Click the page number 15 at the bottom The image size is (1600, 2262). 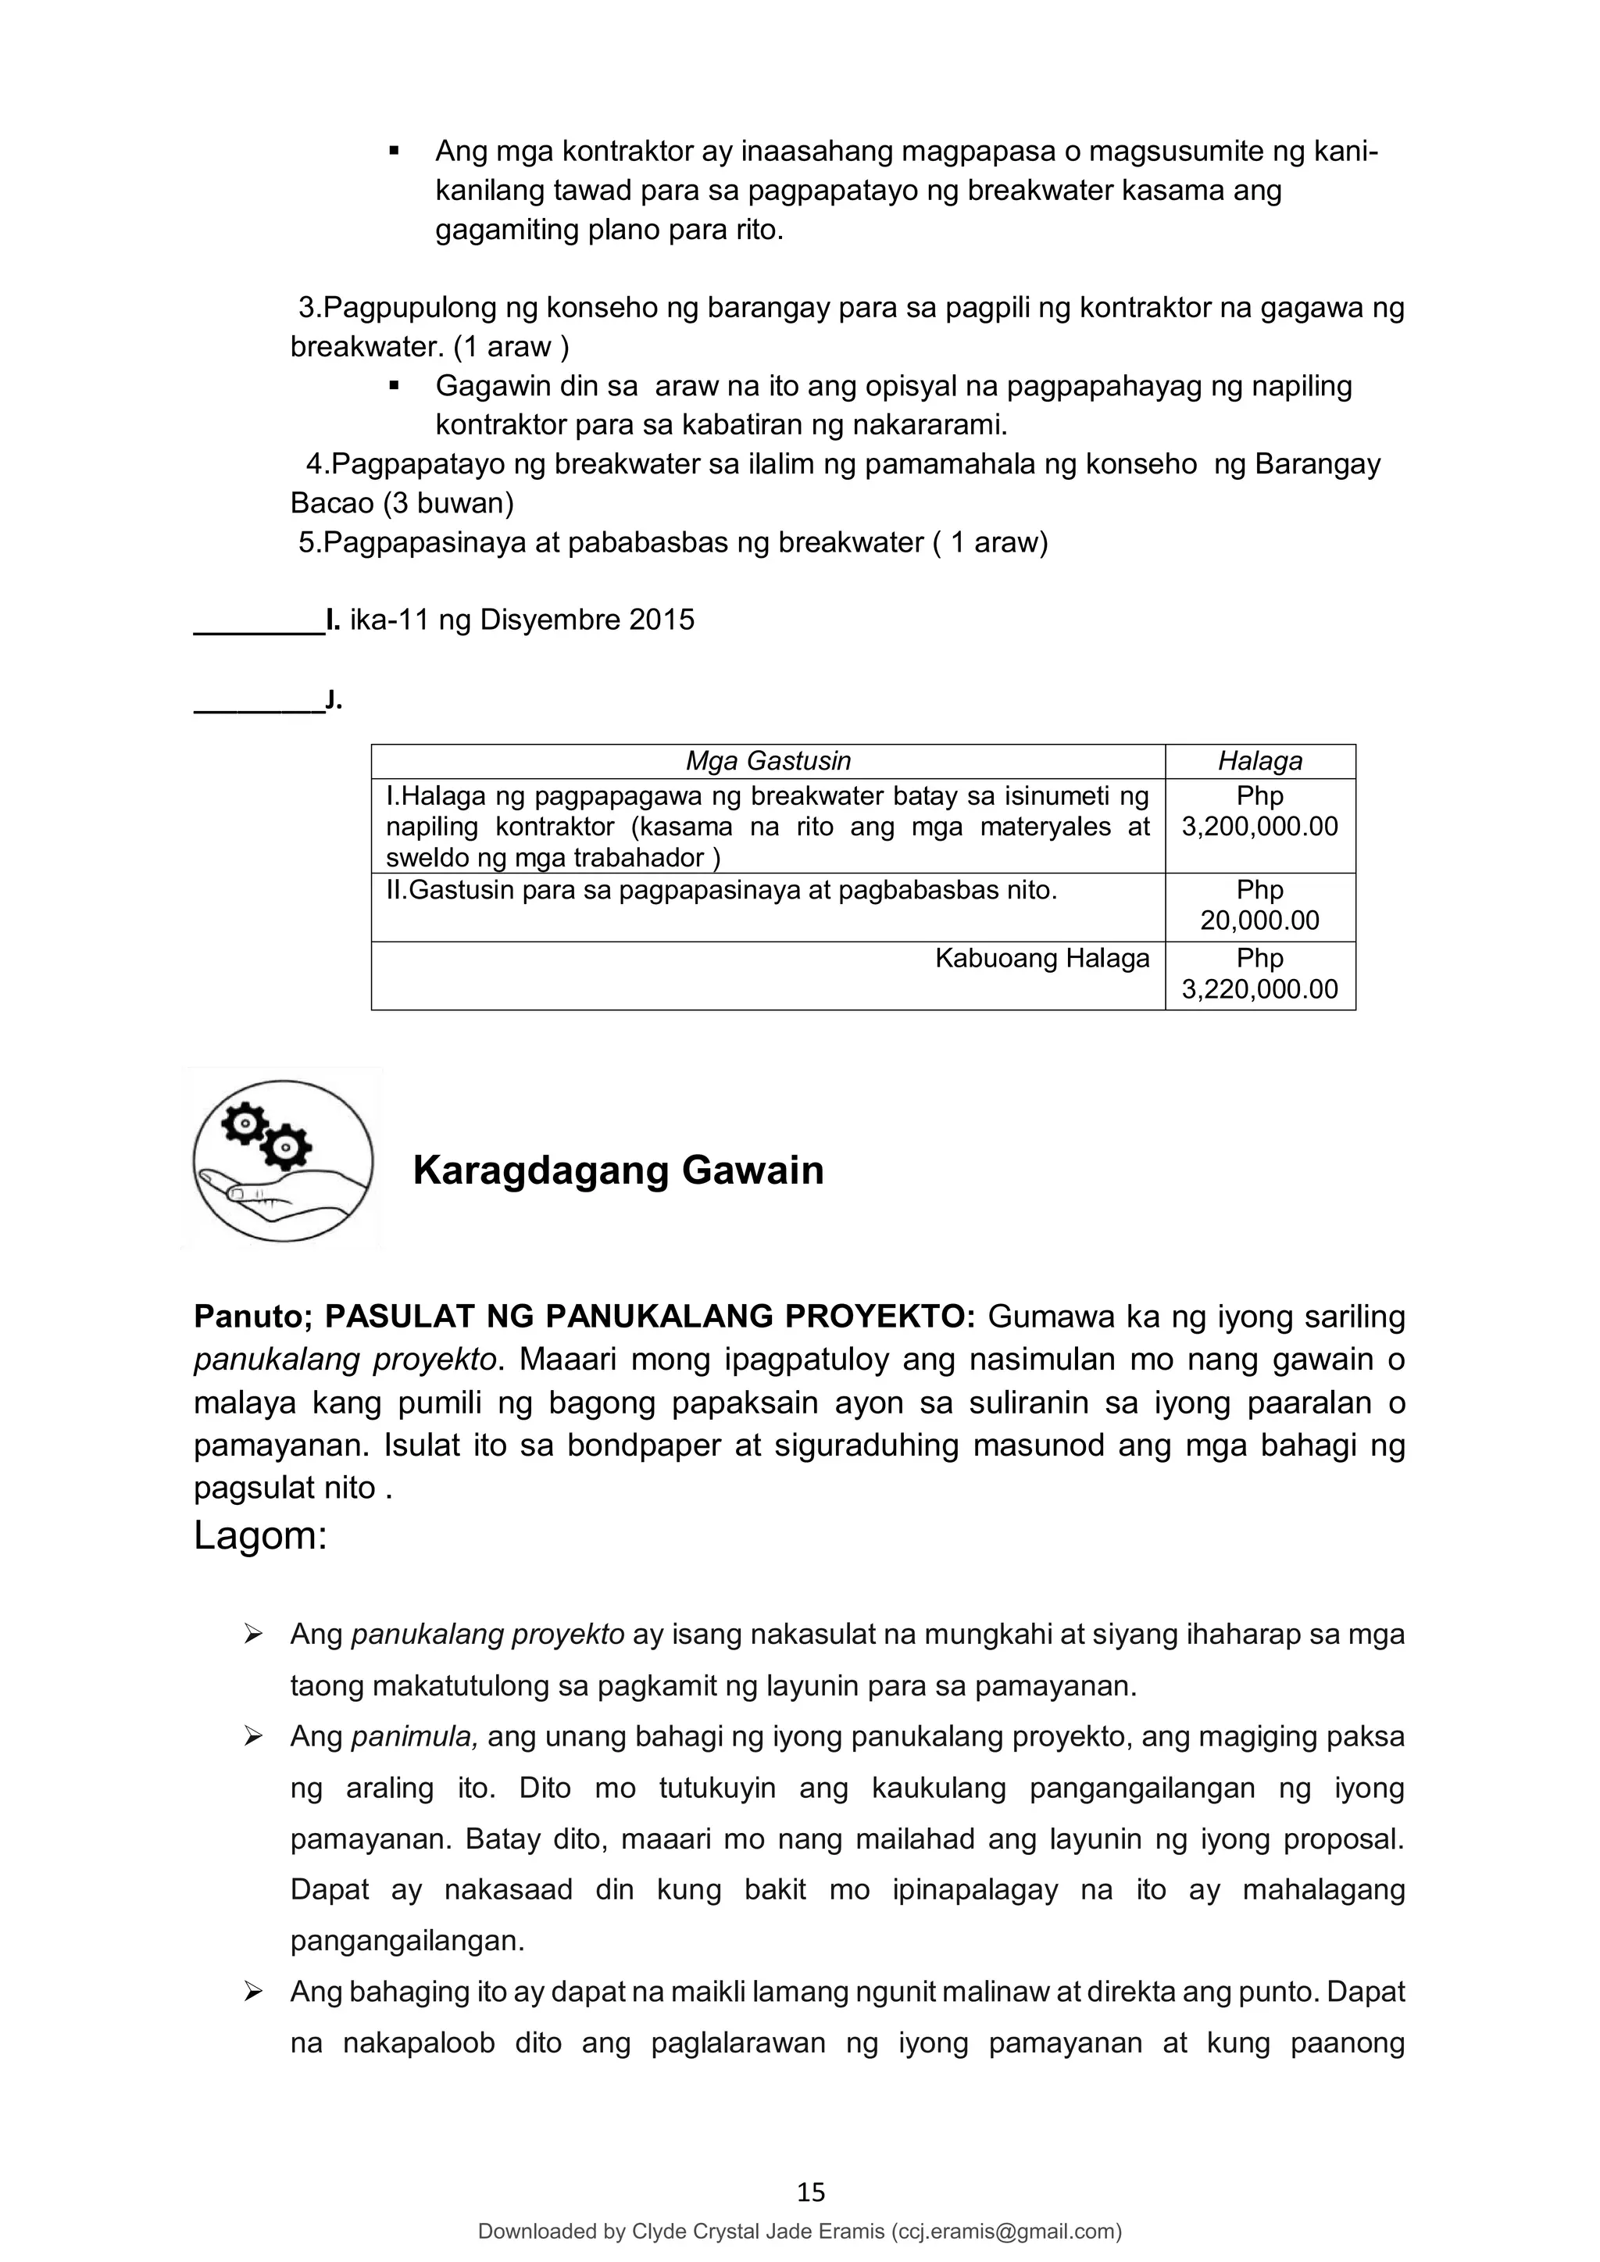click(810, 2192)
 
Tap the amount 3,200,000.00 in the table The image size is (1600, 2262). click(1259, 827)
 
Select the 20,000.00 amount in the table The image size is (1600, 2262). click(1259, 920)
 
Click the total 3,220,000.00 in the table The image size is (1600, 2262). click(1259, 989)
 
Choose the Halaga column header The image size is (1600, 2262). click(1259, 760)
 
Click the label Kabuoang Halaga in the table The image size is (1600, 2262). click(1041, 958)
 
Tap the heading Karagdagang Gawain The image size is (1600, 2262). click(618, 1170)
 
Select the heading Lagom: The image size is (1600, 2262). click(260, 1535)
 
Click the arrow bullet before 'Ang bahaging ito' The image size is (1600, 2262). click(253, 1992)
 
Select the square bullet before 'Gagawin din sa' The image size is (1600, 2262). click(394, 386)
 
